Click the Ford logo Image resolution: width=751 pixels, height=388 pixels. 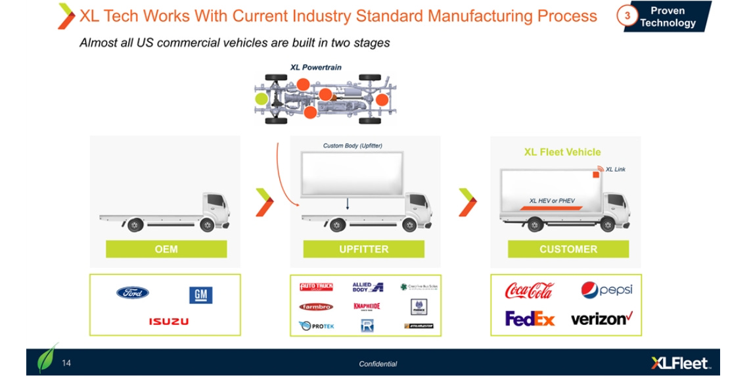133,293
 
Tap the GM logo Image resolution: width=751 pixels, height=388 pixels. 200,295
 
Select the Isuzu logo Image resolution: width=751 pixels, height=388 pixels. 168,322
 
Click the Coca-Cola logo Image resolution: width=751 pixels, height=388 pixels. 529,291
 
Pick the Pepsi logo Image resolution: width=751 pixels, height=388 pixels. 606,290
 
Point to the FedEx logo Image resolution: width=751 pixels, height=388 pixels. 530,319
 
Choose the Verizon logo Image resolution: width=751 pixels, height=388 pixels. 601,319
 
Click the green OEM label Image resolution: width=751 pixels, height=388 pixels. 166,249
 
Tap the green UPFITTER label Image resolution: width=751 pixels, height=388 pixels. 363,249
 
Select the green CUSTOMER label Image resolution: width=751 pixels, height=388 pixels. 568,249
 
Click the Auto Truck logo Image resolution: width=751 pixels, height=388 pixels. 316,287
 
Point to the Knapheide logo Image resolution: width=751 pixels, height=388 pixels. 367,306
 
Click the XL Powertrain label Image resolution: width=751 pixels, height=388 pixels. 316,67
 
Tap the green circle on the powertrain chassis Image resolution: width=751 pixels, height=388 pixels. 262,99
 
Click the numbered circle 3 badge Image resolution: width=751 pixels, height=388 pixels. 626,16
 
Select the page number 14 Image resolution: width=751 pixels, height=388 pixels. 67,362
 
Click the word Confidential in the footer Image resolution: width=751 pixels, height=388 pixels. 378,364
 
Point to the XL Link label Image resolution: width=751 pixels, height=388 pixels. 615,170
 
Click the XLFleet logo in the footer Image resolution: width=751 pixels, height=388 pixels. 679,363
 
